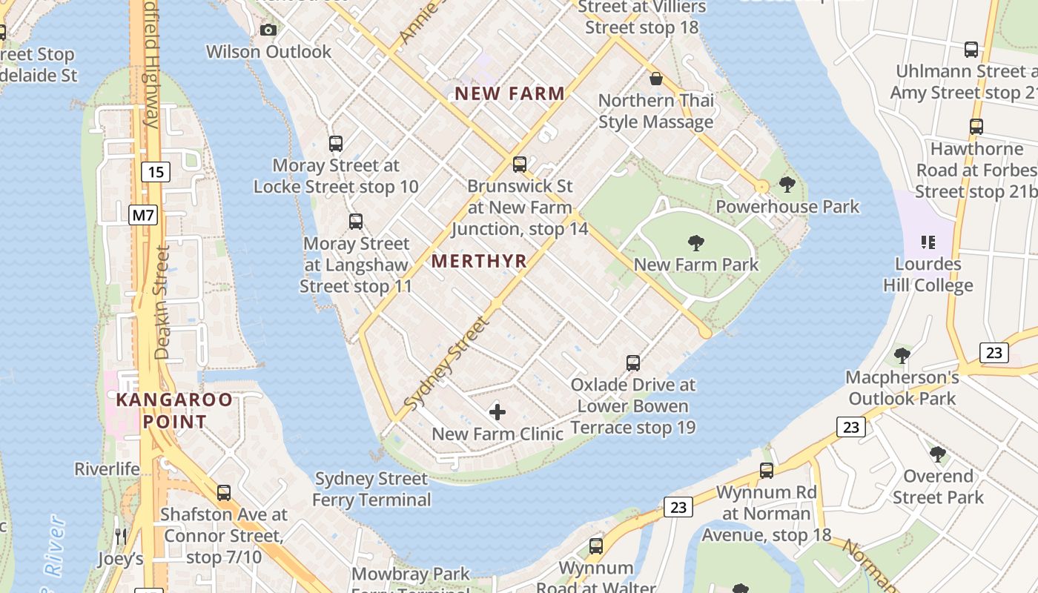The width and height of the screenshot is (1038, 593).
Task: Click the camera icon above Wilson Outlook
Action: (268, 30)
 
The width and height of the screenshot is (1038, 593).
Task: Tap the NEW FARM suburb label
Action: (510, 94)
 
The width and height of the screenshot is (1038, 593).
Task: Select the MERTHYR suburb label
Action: (479, 261)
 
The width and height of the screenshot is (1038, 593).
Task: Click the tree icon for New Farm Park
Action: (695, 242)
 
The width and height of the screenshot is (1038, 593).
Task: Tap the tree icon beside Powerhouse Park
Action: (787, 185)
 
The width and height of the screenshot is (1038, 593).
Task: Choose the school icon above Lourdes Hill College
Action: (928, 242)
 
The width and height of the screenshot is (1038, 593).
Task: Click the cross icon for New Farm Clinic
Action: (497, 411)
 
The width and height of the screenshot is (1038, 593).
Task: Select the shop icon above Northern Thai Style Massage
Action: (656, 79)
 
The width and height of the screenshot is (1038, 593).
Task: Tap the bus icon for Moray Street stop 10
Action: (336, 144)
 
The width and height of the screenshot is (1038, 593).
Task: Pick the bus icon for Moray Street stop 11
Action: (356, 221)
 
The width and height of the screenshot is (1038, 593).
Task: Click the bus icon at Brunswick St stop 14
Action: (520, 165)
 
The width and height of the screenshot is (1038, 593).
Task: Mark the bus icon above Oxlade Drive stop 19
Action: (633, 363)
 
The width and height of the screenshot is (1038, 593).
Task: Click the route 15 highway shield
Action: (155, 173)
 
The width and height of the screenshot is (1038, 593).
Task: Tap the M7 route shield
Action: (143, 216)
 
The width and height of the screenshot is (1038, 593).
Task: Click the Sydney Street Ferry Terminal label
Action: (371, 489)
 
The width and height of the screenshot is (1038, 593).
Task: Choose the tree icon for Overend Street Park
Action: (938, 454)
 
